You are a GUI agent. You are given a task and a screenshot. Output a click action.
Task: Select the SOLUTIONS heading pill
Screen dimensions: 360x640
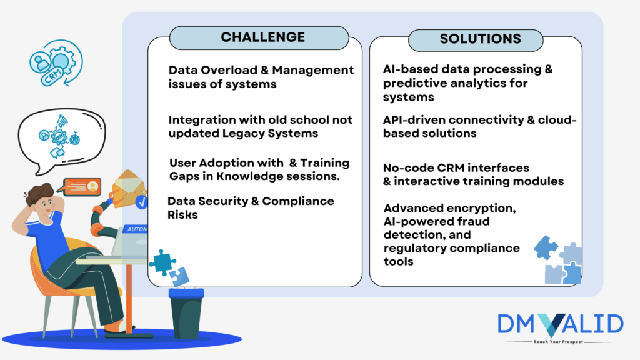pyautogui.click(x=480, y=39)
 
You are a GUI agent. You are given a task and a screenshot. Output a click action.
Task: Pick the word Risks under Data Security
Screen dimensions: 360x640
pyautogui.click(x=182, y=215)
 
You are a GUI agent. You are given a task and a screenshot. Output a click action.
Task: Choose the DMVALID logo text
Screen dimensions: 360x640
pyautogui.click(x=560, y=324)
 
